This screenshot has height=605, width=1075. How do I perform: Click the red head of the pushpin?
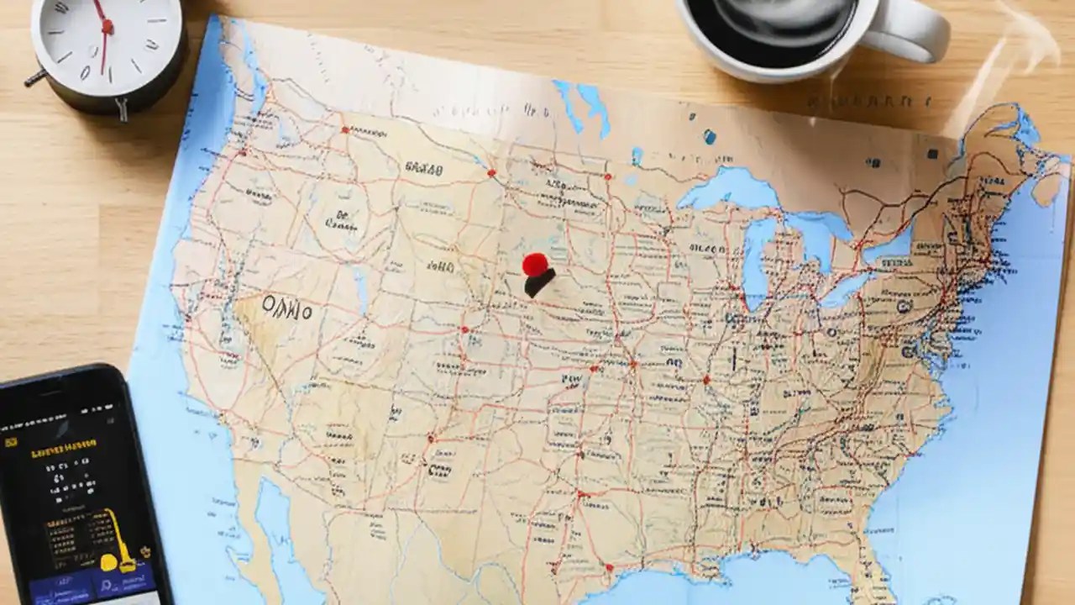click(534, 264)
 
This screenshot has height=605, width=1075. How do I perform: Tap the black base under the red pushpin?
click(539, 284)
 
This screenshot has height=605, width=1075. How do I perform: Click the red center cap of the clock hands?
click(107, 28)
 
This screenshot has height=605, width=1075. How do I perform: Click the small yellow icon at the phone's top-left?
click(10, 442)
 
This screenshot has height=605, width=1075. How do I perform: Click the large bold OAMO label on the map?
click(286, 308)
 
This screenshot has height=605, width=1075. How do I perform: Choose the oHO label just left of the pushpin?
click(440, 267)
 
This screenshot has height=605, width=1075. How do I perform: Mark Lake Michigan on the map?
click(753, 252)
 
